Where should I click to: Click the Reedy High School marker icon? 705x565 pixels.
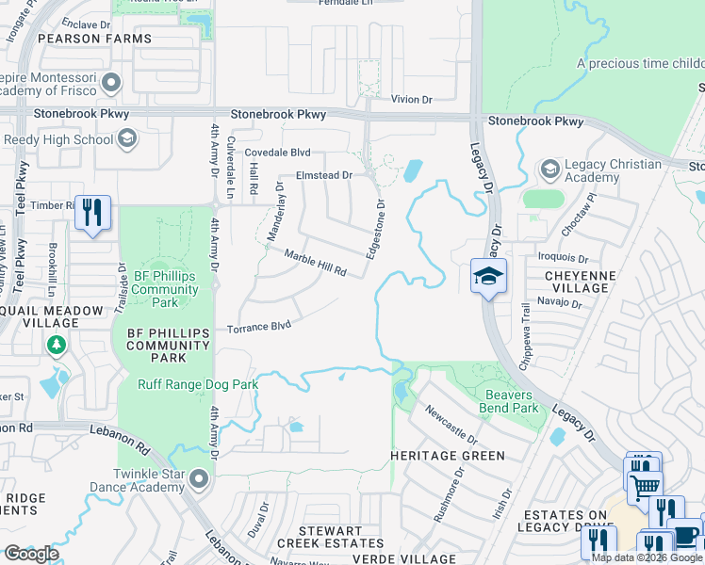pos(126,140)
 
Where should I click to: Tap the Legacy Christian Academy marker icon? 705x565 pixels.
pos(549,169)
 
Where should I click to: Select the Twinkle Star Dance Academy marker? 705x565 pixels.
pos(198,479)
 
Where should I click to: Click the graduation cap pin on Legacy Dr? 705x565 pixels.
pos(488,277)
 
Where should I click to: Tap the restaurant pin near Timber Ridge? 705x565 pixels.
pos(91,212)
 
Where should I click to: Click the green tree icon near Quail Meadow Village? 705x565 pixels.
pos(57,347)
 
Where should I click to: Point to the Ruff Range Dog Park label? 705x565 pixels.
pos(198,384)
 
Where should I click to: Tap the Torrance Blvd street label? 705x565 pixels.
pos(258,328)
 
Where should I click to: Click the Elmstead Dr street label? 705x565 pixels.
pos(323,175)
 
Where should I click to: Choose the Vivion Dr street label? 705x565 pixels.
pos(411,98)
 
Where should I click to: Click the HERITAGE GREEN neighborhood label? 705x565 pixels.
pos(448,455)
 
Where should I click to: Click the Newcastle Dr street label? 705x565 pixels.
pos(451,425)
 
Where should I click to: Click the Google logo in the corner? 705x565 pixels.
pos(31,554)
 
